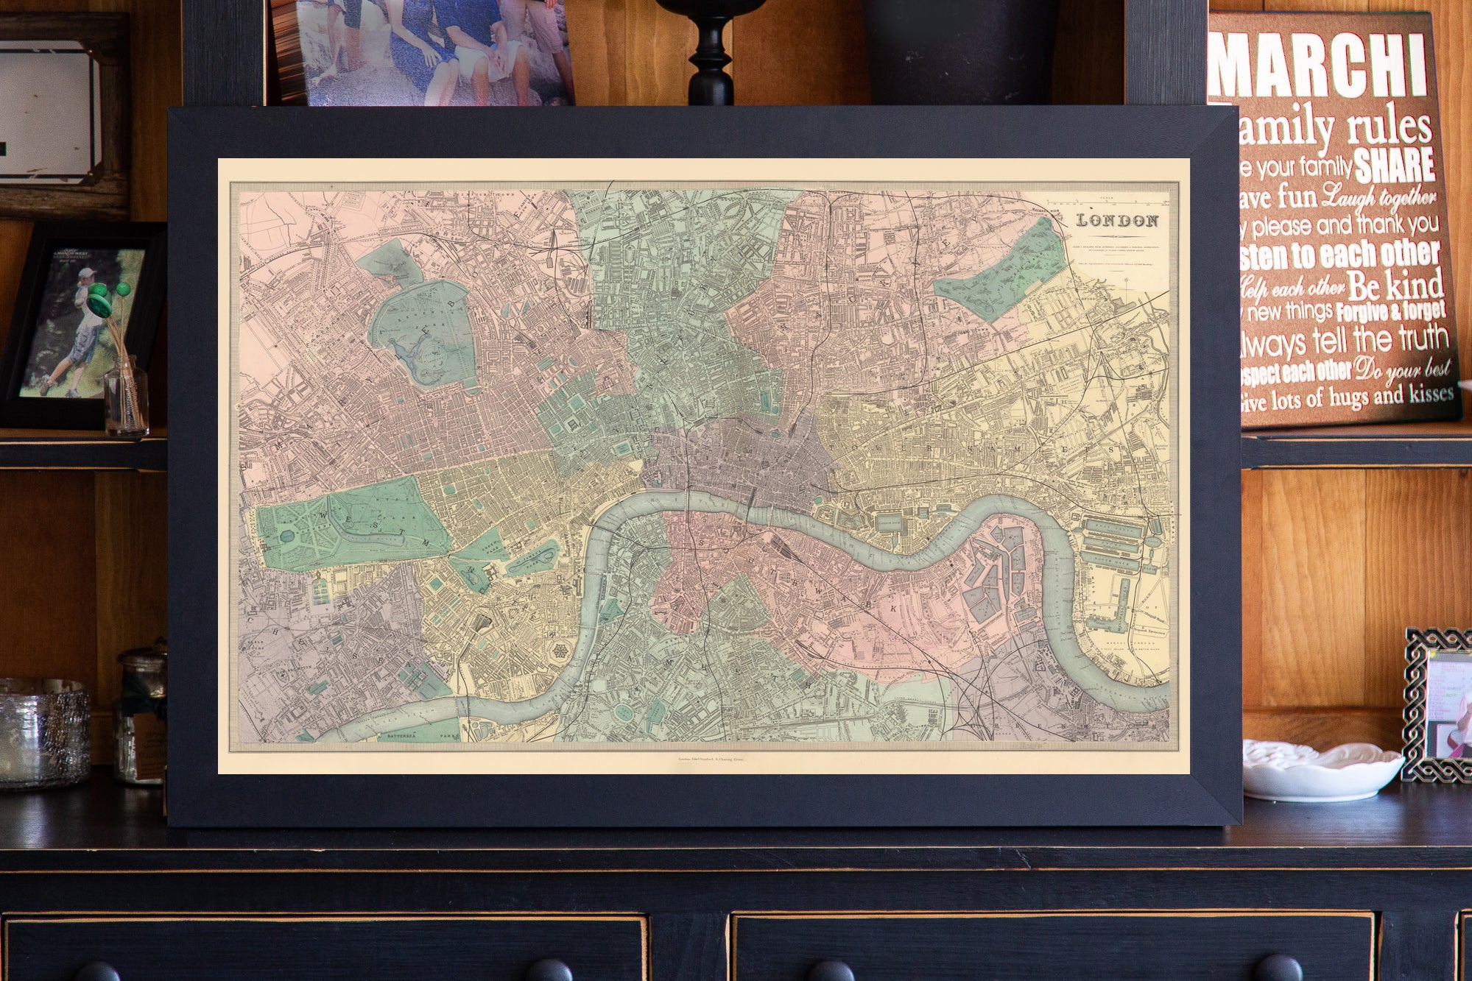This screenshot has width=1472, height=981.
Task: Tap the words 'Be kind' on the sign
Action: tap(1398, 283)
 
